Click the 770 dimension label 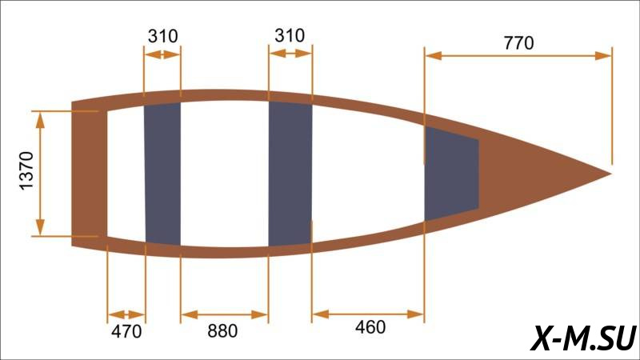518,42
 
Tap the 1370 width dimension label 26,170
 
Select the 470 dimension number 126,331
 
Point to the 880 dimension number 222,331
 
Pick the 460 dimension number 370,327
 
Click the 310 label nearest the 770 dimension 290,35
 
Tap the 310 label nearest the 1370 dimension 162,36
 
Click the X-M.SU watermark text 583,338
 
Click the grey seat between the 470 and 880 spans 163,174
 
